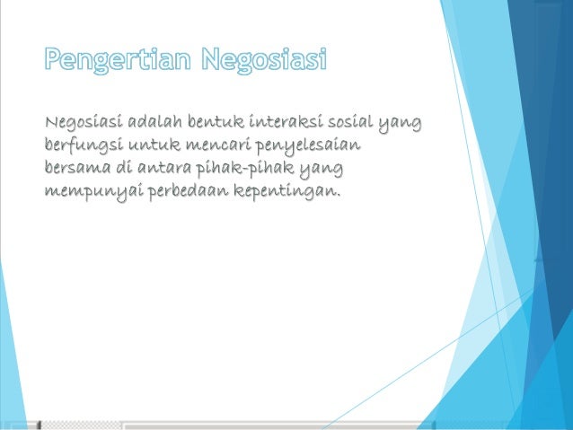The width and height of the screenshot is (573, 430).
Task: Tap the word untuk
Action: tap(154, 144)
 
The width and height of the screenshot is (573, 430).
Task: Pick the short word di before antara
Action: tap(125, 168)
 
